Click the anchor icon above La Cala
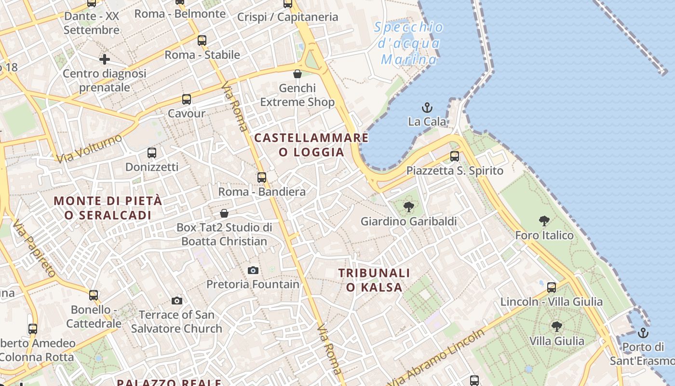(x=427, y=107)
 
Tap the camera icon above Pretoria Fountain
(x=253, y=270)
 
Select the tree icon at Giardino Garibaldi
(x=408, y=207)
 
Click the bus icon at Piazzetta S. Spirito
(x=454, y=156)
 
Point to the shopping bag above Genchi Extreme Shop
(x=297, y=74)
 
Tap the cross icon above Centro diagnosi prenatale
(x=105, y=59)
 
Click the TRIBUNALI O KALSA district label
(x=374, y=280)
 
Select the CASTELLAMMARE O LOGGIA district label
(x=311, y=145)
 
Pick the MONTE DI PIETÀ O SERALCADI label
(x=108, y=208)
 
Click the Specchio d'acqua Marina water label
(x=409, y=43)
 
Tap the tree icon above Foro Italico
(x=544, y=221)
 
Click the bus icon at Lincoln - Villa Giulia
(x=552, y=288)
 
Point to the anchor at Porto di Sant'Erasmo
(x=643, y=333)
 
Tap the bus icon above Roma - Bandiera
(x=262, y=177)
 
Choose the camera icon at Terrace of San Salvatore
(x=177, y=301)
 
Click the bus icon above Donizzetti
(x=152, y=153)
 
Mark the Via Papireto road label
(x=34, y=248)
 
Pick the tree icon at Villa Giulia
(x=557, y=327)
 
